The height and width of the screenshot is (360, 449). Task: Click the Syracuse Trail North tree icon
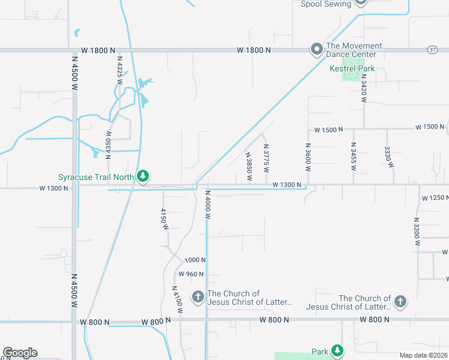click(142, 176)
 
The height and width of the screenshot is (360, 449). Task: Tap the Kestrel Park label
click(352, 68)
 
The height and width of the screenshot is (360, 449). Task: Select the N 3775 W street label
click(266, 158)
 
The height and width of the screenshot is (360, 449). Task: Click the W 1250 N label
click(435, 198)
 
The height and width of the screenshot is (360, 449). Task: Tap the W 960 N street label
click(191, 274)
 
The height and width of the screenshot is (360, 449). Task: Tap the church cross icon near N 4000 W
click(197, 296)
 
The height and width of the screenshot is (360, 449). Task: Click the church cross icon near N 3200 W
click(400, 302)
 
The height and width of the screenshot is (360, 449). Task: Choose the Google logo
click(20, 353)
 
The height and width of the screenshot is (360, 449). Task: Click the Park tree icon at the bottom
click(337, 350)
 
